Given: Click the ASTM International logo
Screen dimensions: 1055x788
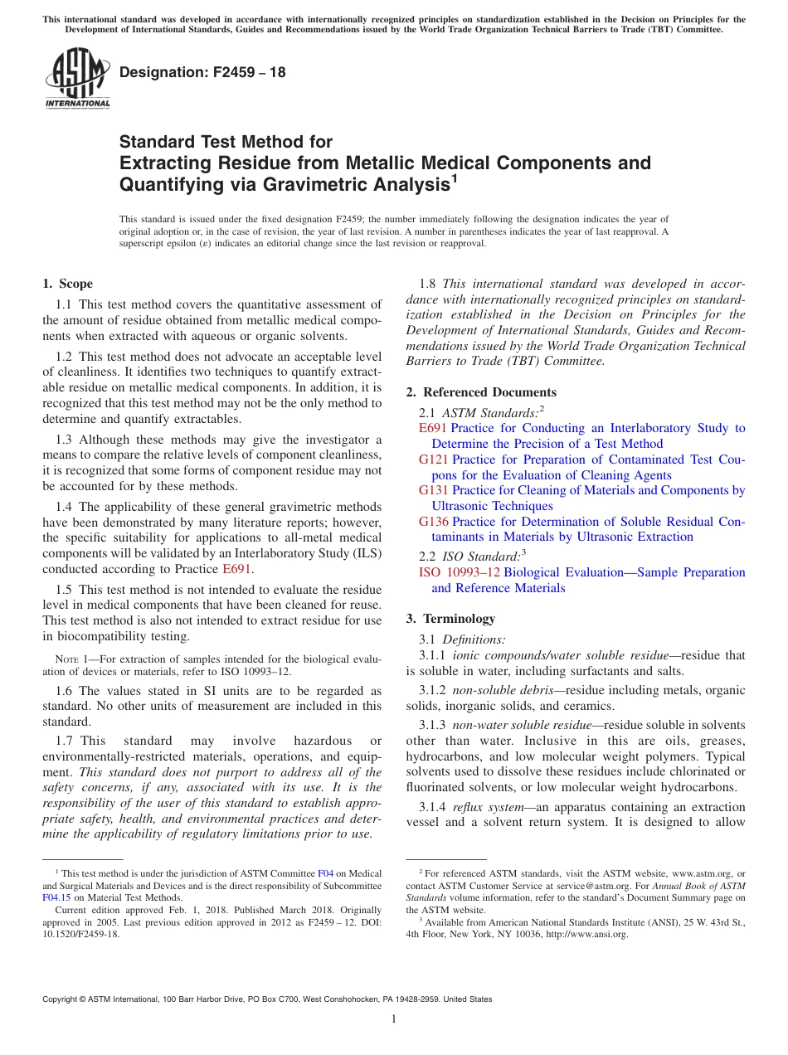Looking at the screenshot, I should click(x=77, y=78).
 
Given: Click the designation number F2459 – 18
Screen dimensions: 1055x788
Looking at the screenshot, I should click(x=202, y=72).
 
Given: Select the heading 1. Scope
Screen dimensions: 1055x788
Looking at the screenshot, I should click(x=68, y=284).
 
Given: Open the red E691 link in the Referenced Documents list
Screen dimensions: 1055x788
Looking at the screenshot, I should click(x=433, y=428).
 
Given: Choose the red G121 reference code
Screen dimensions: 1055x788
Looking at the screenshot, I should click(x=434, y=459).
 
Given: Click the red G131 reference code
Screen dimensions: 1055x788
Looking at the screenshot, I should click(x=434, y=490).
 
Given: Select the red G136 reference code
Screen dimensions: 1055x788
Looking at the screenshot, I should click(x=434, y=522).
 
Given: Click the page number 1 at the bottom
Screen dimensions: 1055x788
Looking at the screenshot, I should click(x=394, y=1019).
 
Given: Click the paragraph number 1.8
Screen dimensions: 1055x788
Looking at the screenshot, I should click(x=428, y=284).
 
